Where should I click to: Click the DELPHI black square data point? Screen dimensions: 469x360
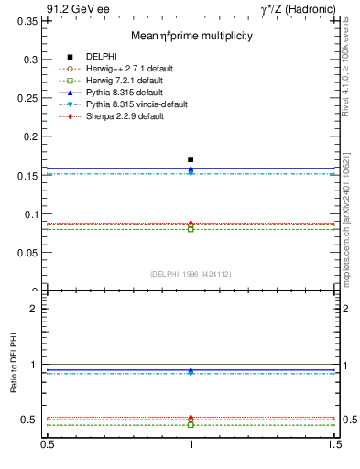coord(191,159)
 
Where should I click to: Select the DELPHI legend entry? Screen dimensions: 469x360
coord(100,57)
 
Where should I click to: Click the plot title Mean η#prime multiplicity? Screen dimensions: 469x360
coord(191,36)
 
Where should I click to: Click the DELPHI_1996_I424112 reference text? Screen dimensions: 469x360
coord(191,273)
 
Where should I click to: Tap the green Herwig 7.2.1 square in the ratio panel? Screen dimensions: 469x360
coord(191,425)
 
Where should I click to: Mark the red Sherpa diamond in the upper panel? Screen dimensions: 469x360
coord(191,224)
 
